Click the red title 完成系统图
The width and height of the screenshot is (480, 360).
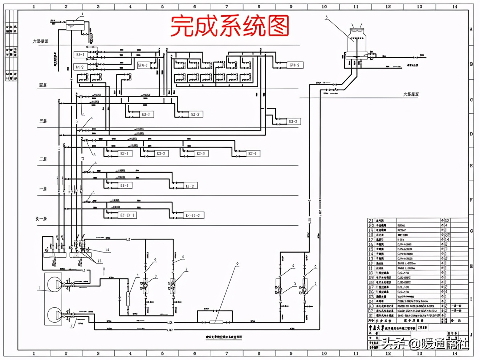230,26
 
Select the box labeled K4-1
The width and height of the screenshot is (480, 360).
80,55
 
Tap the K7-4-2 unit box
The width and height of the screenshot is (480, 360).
294,65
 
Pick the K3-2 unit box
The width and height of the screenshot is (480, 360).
195,114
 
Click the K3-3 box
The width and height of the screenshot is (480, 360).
293,122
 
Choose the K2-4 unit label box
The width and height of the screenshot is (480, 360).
252,154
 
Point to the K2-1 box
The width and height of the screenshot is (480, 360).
124,154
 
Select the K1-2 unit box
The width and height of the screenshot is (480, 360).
190,186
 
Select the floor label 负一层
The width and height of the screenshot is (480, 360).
41,219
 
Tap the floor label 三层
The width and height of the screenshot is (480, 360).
43,120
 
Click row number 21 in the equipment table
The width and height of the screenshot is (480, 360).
371,220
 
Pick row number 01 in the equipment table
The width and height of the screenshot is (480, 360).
371,316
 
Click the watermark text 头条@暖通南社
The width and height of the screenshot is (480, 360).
425,343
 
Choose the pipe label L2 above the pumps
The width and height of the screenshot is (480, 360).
128,240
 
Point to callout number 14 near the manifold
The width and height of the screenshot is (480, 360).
107,250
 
